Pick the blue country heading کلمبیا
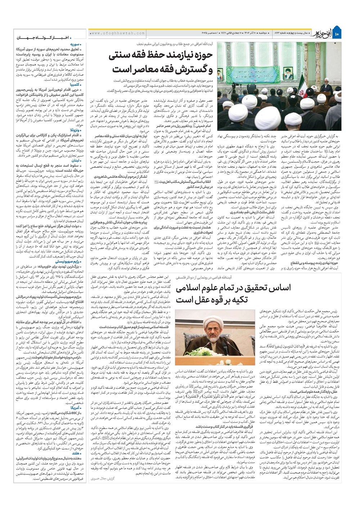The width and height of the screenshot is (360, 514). pyautogui.click(x=76, y=84)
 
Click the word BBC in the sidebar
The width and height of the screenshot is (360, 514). pyautogui.click(x=76, y=412)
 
